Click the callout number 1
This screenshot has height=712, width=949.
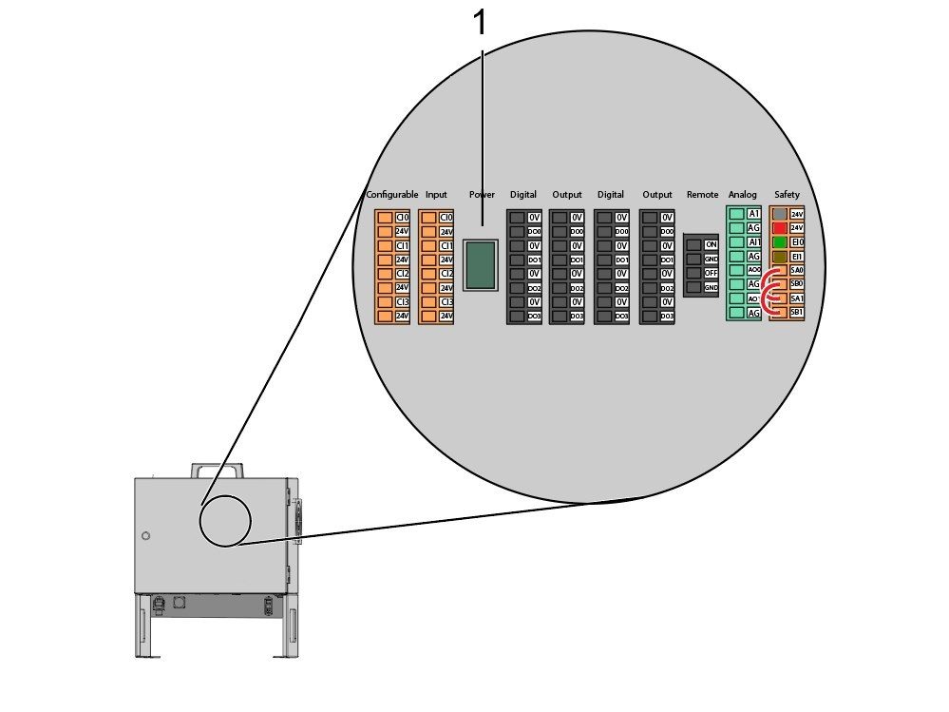tap(480, 22)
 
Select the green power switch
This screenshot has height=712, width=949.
tap(480, 264)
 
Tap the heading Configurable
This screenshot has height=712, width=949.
tap(392, 195)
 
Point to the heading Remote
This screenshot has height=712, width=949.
tap(702, 195)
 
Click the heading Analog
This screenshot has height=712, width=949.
tap(743, 195)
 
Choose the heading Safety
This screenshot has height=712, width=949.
tap(787, 195)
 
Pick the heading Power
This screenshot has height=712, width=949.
tap(482, 195)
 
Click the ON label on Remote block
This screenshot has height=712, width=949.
tap(710, 244)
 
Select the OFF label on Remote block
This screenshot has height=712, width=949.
tap(710, 273)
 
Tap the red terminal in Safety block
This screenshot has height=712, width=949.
tap(780, 228)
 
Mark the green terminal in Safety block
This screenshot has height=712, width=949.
tap(780, 242)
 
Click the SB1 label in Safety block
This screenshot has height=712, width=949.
tap(797, 313)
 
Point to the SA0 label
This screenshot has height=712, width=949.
tap(797, 270)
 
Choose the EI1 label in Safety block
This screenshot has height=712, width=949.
tap(797, 257)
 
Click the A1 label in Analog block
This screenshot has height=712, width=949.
tap(753, 215)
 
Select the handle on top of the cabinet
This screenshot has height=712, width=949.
tap(218, 470)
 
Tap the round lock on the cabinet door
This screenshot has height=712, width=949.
tap(145, 536)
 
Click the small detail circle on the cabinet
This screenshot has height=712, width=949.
tap(225, 521)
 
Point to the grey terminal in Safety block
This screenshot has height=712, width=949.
tap(780, 215)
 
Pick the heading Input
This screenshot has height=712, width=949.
tap(436, 195)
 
